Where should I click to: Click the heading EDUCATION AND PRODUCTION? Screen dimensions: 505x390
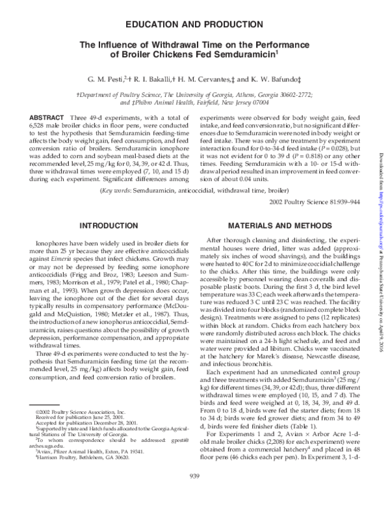coord(194,24)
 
